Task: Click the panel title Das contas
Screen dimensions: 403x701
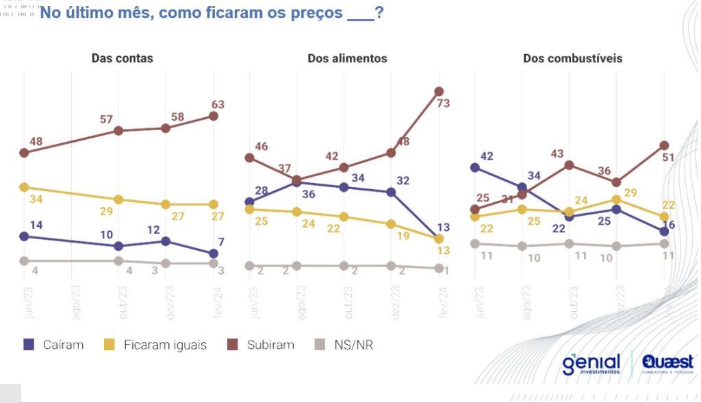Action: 123,58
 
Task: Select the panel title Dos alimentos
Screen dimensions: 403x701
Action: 347,58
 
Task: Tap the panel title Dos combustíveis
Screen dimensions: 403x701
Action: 573,58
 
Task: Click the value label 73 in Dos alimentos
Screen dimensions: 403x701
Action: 444,103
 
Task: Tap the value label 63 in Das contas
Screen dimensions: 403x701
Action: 218,104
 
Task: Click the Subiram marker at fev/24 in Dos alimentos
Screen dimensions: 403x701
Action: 439,91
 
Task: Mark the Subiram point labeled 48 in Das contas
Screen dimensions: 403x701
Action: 24,153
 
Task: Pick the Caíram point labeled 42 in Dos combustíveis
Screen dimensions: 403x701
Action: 474,167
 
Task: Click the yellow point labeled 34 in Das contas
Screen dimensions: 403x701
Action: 24,187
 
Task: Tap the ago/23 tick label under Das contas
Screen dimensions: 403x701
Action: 75,302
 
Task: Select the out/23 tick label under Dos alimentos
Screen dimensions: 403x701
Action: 348,302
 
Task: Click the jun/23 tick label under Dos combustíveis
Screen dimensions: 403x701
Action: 479,302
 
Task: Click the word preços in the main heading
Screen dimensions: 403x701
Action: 317,13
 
